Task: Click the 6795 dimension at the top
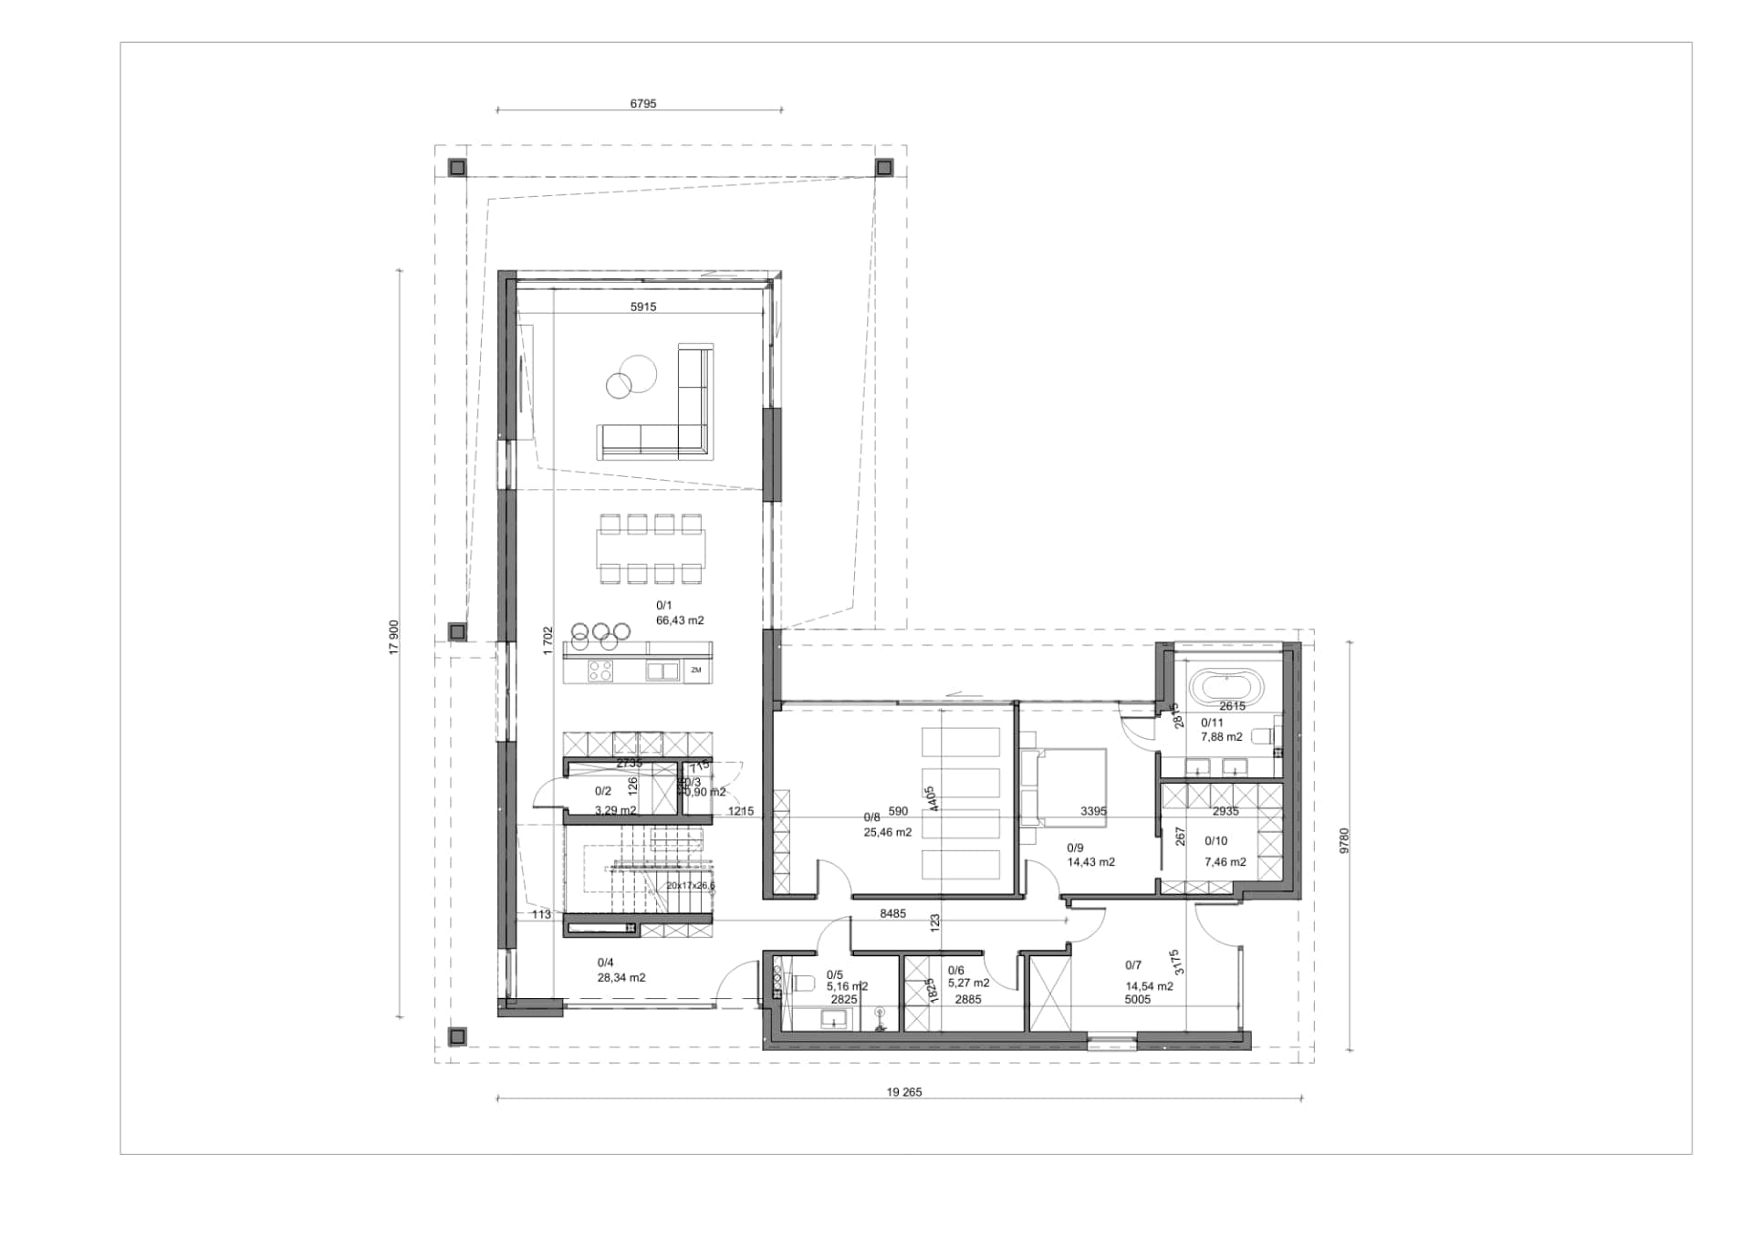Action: tap(642, 103)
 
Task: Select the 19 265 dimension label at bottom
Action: tap(903, 1092)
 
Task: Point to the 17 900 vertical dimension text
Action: tap(394, 637)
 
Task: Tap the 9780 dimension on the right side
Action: tap(1344, 840)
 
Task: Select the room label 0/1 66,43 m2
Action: tap(679, 613)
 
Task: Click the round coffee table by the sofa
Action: tap(631, 379)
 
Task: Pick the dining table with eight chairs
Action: tap(651, 548)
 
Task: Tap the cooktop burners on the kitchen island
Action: tap(600, 671)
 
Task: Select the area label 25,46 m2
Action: tap(887, 832)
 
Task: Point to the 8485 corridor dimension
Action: tap(892, 913)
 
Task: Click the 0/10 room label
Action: tap(1215, 841)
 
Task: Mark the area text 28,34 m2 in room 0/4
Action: tap(620, 978)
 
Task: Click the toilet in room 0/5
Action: tap(800, 983)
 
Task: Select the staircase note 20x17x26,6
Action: tap(690, 886)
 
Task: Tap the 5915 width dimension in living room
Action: tap(642, 307)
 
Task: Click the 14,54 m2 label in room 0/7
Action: tap(1149, 986)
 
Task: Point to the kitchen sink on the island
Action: tap(662, 671)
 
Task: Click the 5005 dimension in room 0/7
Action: tap(1137, 1000)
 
